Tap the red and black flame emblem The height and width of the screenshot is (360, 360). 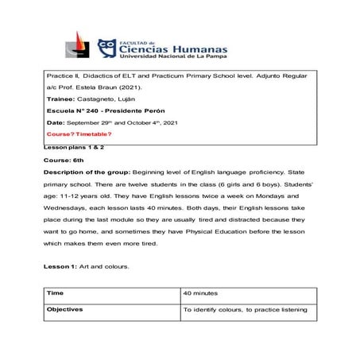(80, 47)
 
